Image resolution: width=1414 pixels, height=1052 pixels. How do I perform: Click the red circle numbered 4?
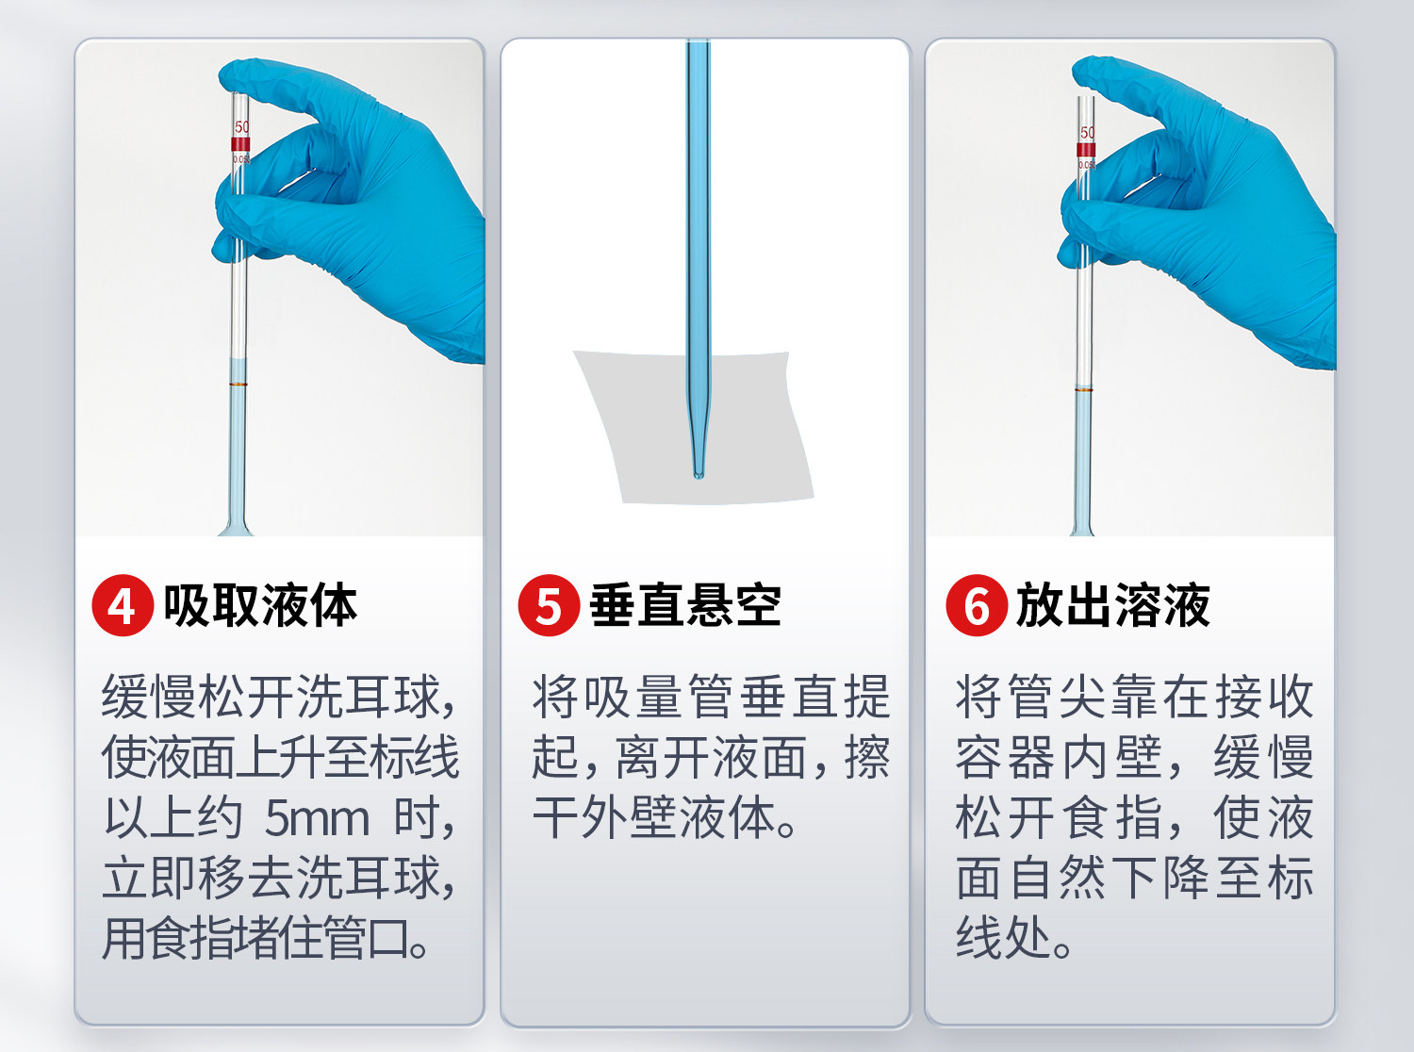click(x=123, y=605)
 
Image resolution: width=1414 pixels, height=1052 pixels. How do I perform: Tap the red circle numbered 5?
click(x=549, y=605)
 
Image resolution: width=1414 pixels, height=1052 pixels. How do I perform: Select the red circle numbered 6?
click(x=976, y=605)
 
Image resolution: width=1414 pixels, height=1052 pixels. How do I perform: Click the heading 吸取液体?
click(x=260, y=605)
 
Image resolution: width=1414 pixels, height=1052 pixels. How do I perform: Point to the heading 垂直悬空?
click(x=685, y=605)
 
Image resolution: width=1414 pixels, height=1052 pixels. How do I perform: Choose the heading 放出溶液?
click(x=1112, y=605)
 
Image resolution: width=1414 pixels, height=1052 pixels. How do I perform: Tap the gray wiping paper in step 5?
click(x=694, y=427)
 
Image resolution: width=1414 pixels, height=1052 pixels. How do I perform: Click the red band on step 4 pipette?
click(x=239, y=143)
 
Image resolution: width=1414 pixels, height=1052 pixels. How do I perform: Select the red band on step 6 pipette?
click(x=1086, y=150)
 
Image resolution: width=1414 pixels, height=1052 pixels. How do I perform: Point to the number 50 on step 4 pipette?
click(x=241, y=127)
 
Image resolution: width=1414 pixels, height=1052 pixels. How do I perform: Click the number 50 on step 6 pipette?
click(x=1087, y=133)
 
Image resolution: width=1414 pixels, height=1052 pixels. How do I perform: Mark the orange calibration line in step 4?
click(x=238, y=385)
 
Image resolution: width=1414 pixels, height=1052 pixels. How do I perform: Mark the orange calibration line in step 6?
click(x=1084, y=389)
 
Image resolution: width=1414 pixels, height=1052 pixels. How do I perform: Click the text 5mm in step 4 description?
click(x=317, y=818)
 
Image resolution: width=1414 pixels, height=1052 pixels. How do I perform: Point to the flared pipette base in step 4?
click(x=236, y=527)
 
